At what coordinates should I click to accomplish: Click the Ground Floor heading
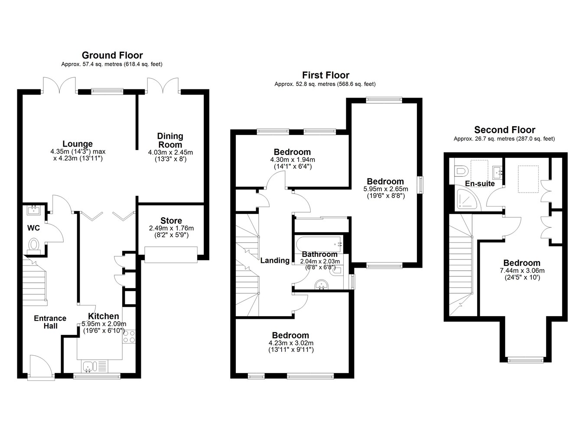click(x=112, y=55)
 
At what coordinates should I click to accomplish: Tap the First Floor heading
click(x=326, y=75)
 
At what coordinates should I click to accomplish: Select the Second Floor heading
click(x=504, y=130)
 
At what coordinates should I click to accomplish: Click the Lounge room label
click(x=78, y=144)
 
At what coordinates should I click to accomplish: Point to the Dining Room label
click(x=170, y=140)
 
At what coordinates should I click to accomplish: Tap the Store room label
click(x=171, y=220)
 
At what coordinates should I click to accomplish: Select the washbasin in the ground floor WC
click(x=34, y=210)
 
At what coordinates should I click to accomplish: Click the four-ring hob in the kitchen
click(x=129, y=337)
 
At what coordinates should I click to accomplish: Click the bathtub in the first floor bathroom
click(x=318, y=244)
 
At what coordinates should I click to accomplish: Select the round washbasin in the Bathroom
click(x=322, y=285)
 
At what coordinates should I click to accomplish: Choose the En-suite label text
click(x=480, y=184)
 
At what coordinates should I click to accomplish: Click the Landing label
click(x=275, y=260)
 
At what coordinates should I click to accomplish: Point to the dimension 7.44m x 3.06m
click(x=522, y=271)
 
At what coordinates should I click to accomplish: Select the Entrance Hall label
click(x=50, y=322)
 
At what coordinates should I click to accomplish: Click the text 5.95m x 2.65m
click(x=386, y=189)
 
